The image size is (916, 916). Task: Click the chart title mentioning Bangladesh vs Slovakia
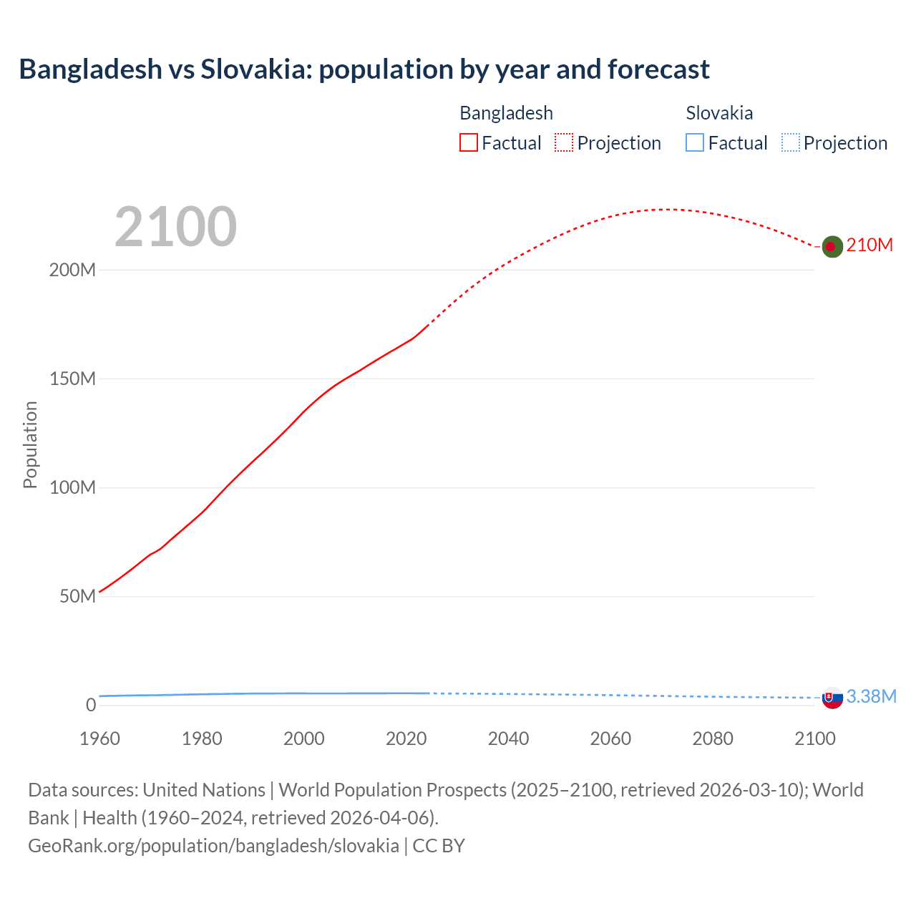[364, 69]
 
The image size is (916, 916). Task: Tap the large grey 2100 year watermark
[175, 227]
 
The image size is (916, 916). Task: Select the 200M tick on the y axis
[72, 271]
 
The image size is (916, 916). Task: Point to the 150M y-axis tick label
[72, 379]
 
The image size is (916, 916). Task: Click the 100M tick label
[72, 488]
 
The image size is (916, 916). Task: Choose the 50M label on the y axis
[77, 597]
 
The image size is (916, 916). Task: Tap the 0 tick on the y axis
[91, 706]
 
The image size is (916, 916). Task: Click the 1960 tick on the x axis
[99, 739]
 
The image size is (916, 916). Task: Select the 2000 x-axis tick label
[304, 739]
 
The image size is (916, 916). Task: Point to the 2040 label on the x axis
[508, 739]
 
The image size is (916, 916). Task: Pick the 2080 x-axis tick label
[713, 739]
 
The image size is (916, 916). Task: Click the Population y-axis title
[30, 444]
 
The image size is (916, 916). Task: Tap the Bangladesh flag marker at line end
[832, 246]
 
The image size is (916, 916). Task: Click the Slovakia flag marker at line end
[832, 698]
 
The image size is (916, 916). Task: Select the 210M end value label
[869, 245]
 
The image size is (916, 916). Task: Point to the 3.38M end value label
[872, 697]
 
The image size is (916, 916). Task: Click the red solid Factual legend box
[469, 143]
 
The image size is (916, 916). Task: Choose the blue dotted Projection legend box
[791, 143]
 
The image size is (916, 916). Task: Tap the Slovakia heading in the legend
[719, 113]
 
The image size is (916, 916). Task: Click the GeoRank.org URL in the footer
[213, 846]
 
